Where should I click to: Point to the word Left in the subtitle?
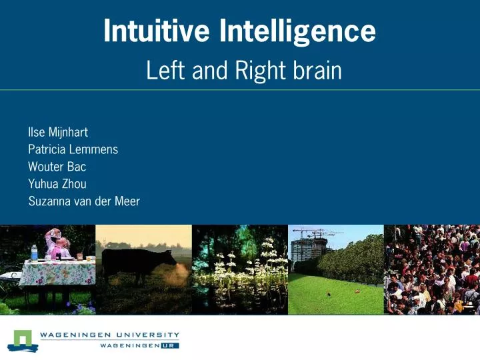(x=164, y=70)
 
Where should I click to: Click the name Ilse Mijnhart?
(x=58, y=132)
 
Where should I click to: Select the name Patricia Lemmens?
(x=73, y=149)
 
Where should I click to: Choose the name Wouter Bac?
(x=57, y=167)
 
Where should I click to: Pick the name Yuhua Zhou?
(x=57, y=183)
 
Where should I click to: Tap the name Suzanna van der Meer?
(x=84, y=201)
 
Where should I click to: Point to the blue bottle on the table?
(x=34, y=253)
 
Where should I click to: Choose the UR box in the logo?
(x=169, y=346)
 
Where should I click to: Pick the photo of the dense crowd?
(x=431, y=269)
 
